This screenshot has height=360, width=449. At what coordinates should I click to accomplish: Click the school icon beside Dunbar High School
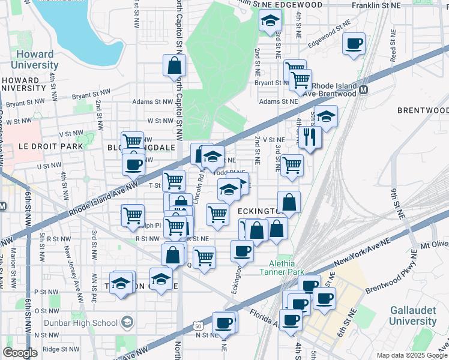tap(127, 323)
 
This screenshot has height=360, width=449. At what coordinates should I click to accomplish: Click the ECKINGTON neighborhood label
tap(259, 212)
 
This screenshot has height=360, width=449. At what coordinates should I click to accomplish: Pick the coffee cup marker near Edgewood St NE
tap(354, 43)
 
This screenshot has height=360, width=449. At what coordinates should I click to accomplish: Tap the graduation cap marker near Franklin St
tap(270, 21)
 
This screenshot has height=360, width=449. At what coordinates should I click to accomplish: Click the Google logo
tap(20, 353)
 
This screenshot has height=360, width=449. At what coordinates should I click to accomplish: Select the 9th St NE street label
tap(394, 204)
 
